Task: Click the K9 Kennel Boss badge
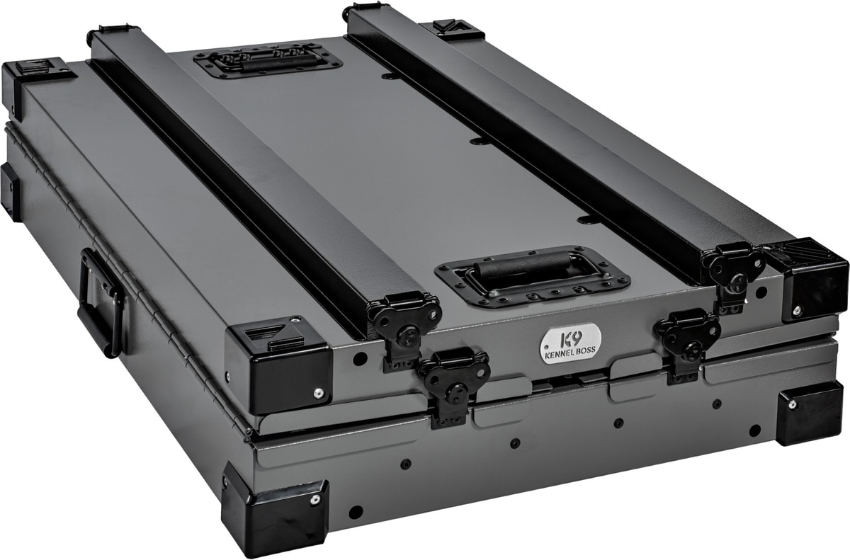(570, 343)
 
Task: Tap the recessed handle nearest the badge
(532, 275)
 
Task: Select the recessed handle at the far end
(268, 62)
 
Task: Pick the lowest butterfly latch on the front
(454, 387)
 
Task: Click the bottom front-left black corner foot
(276, 508)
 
